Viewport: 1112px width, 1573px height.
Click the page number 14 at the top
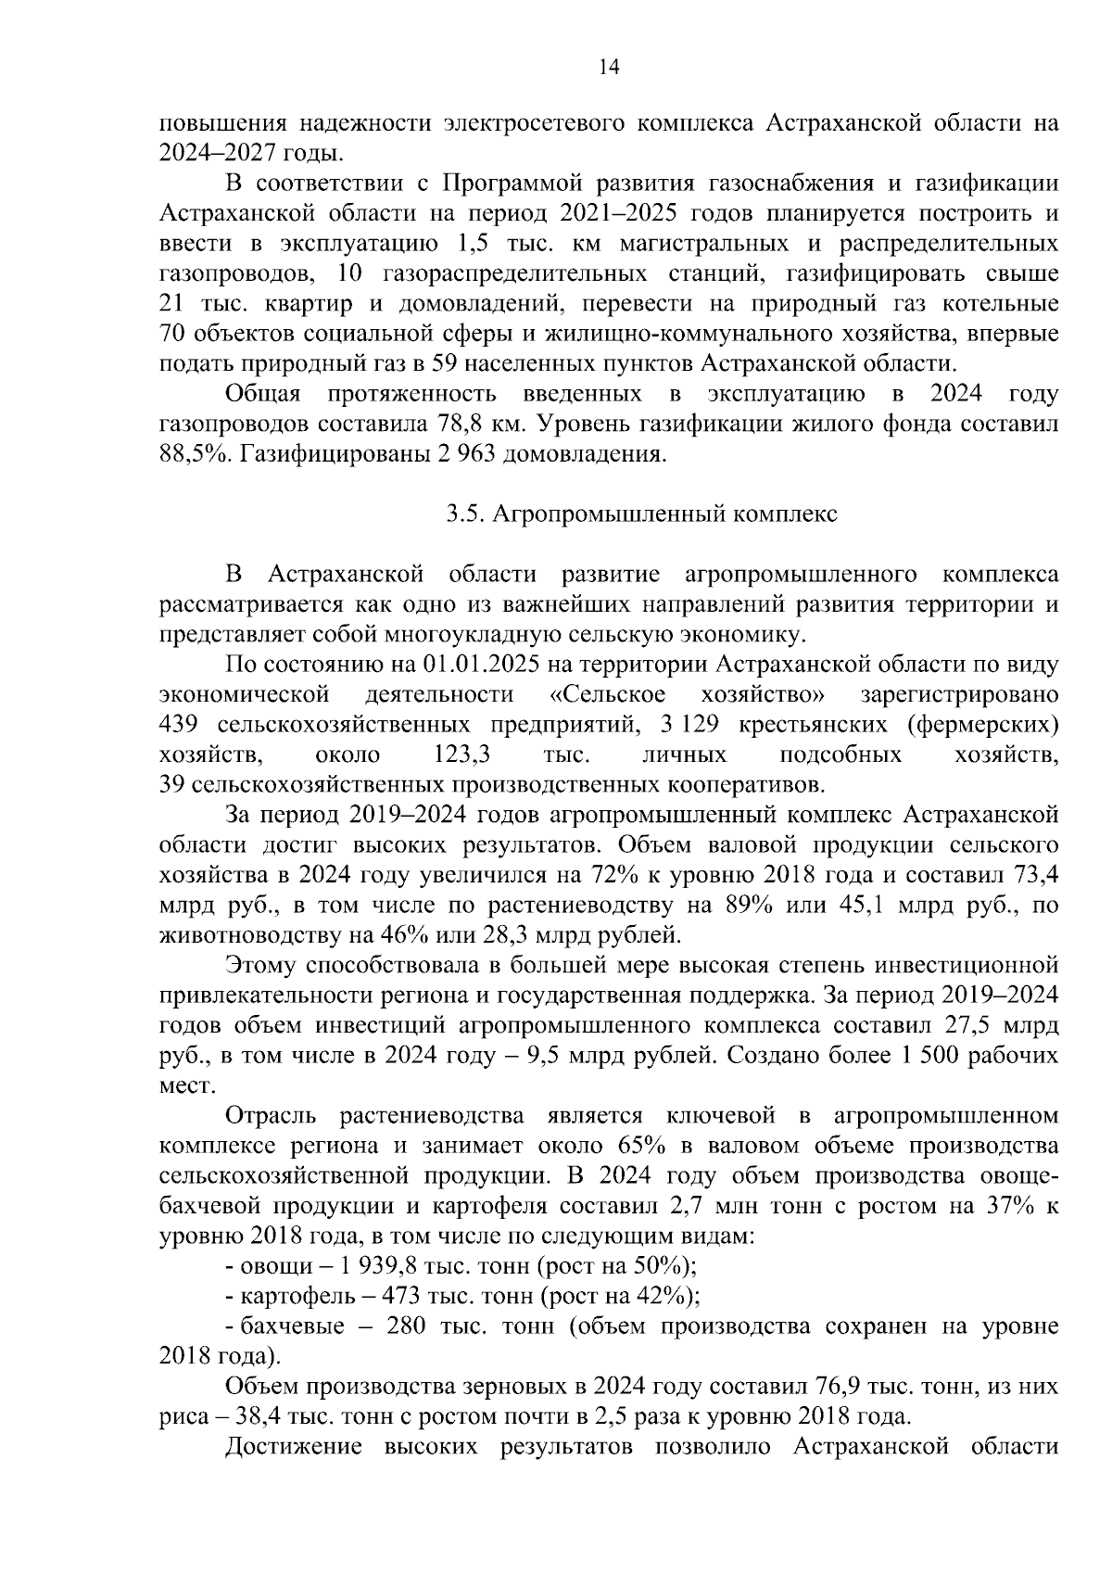pyautogui.click(x=609, y=67)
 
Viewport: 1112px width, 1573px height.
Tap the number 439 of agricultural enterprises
pyautogui.click(x=181, y=725)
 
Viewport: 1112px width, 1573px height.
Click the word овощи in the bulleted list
pyautogui.click(x=269, y=1265)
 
